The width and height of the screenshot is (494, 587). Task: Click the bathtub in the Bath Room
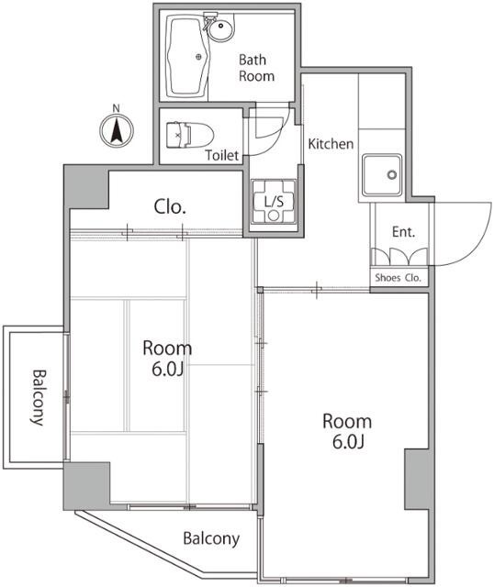(x=186, y=56)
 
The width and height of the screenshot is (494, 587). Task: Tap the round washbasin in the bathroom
(x=221, y=29)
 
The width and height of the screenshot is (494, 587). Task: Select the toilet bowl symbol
(x=189, y=135)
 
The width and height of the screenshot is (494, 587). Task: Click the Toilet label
(x=222, y=155)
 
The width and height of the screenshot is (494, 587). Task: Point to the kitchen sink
(x=382, y=175)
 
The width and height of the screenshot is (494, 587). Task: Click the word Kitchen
(x=331, y=144)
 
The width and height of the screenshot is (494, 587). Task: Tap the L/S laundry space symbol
(x=274, y=202)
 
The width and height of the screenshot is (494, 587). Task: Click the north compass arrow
(x=117, y=130)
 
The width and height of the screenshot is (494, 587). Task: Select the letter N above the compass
(x=117, y=108)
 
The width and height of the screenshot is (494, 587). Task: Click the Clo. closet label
(x=170, y=206)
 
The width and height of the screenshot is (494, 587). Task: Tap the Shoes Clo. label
(x=399, y=278)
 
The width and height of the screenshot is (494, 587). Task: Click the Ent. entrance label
(x=404, y=232)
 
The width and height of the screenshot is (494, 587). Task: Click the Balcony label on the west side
(x=38, y=397)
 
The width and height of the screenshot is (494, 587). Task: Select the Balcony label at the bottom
(x=211, y=539)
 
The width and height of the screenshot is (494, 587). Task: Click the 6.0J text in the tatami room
(x=167, y=370)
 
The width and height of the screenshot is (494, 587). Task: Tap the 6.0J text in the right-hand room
(x=348, y=442)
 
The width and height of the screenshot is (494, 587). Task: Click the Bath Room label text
(x=257, y=68)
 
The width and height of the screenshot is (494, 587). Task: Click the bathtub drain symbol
(x=198, y=57)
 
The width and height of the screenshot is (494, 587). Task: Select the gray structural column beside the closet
(x=86, y=187)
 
